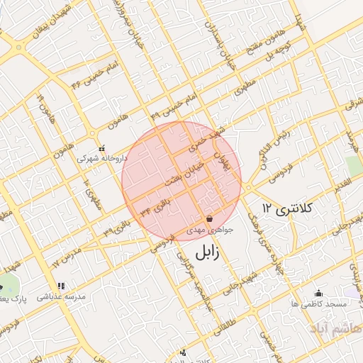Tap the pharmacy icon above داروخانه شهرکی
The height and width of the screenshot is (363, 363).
pyautogui.click(x=104, y=149)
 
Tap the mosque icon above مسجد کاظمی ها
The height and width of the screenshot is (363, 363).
pyautogui.click(x=318, y=293)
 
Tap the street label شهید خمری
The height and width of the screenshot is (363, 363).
pyautogui.click(x=206, y=140)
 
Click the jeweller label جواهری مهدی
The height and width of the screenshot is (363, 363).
pyautogui.click(x=209, y=231)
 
